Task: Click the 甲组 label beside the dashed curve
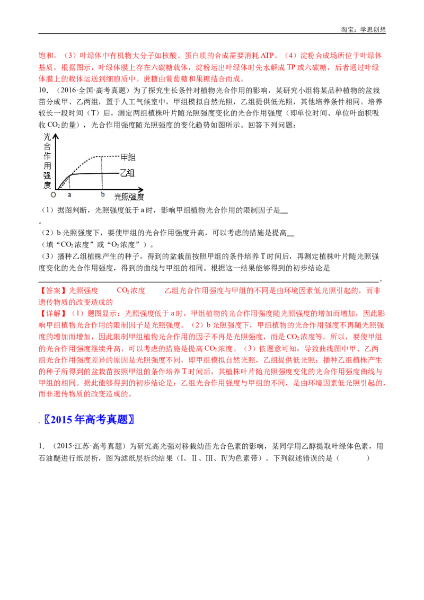[x=129, y=157]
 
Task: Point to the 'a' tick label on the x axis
[x=69, y=195]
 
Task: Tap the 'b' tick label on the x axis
[x=102, y=195]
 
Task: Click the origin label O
[x=53, y=195]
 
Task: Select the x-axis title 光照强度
[x=130, y=197]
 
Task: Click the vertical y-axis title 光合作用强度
[x=47, y=161]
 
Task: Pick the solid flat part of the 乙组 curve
[x=95, y=173]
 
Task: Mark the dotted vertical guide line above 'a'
[x=70, y=181]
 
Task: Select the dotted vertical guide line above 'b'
[x=102, y=173]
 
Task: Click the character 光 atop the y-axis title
[x=47, y=136]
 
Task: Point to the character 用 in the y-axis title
[x=47, y=165]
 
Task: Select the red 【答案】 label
[x=52, y=290]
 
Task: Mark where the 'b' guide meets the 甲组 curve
[x=102, y=156]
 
